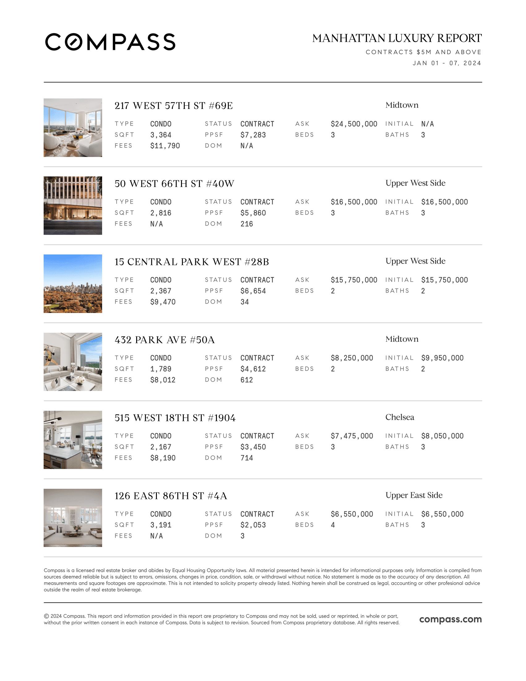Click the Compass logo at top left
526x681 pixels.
(110, 42)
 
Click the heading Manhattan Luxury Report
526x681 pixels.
(397, 38)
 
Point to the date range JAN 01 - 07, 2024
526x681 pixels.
(446, 63)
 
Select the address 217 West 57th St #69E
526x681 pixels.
(174, 106)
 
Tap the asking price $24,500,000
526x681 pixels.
(354, 124)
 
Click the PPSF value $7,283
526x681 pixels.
(253, 135)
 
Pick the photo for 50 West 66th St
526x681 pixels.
(73, 206)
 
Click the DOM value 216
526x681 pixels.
(247, 224)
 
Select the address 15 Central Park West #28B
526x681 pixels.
(192, 262)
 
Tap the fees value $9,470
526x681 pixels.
(163, 302)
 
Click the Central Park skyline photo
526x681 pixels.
(73, 284)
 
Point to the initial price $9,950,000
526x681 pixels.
(442, 358)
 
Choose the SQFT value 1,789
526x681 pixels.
(161, 369)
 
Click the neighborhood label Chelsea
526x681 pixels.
(399, 417)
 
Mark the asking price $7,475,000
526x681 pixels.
(352, 436)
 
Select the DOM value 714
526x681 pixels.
(247, 458)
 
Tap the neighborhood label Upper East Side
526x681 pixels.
(414, 495)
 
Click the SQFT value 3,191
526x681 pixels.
(161, 525)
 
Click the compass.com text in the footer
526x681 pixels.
(450, 619)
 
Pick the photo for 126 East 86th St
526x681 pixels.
(73, 518)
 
